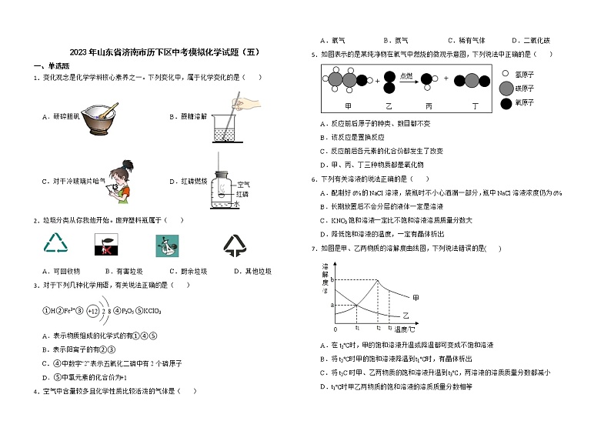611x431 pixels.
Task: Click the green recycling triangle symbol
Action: [x=56, y=245]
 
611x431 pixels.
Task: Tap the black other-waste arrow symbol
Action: [x=235, y=245]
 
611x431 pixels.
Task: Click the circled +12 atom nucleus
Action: [x=94, y=311]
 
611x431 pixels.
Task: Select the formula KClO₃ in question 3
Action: [x=151, y=311]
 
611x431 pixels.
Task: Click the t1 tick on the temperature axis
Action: [x=357, y=328]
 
